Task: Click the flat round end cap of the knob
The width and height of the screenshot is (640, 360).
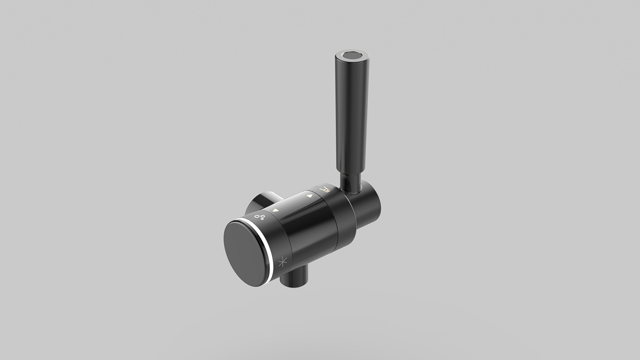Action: tap(246, 253)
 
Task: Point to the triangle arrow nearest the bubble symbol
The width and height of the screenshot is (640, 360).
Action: tap(276, 211)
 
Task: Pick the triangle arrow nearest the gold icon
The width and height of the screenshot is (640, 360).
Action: tap(309, 196)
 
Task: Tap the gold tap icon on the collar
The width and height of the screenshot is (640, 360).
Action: tap(324, 189)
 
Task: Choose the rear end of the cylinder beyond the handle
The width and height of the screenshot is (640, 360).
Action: tap(373, 206)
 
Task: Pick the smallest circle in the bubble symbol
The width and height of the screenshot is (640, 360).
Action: tap(263, 218)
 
